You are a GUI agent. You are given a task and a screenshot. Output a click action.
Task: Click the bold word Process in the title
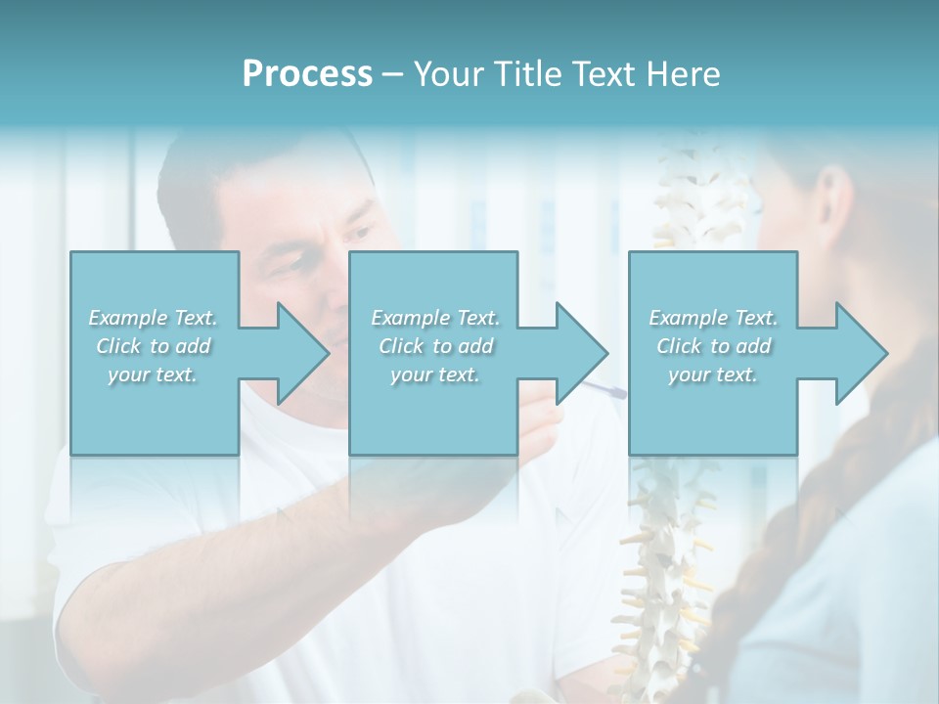307,74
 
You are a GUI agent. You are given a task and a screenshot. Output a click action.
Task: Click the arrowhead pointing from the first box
297,353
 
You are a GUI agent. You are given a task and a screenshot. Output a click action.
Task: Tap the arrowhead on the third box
857,353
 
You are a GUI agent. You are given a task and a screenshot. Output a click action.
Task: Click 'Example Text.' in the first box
154,318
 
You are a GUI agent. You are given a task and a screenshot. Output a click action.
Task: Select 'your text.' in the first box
154,374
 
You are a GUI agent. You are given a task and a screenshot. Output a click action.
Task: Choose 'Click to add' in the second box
435,346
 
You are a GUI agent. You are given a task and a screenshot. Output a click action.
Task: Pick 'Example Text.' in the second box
435,318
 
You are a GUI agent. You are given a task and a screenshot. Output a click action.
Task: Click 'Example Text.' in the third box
713,318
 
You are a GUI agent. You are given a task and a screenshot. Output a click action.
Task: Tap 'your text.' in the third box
713,374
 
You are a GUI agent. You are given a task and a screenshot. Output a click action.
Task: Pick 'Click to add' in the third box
713,346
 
